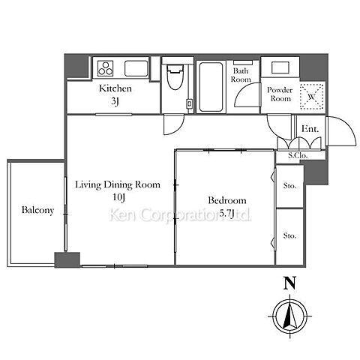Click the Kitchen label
coord(115,88)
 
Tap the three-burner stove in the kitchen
coord(105,68)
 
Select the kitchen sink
coord(136,68)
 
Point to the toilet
coord(175,76)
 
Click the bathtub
coord(211,87)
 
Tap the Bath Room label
coord(241,75)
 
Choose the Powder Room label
coord(280,94)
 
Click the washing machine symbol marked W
coord(312,97)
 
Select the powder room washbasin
coord(280,67)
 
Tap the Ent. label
coord(310,129)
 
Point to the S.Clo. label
coord(298,155)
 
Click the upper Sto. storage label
coord(289,186)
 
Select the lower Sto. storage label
coord(289,235)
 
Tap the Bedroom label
coord(227,200)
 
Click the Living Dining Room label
coord(118,184)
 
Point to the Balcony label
coord(37,210)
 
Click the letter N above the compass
coord(289,283)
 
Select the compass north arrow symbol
coord(289,316)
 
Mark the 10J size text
coord(118,197)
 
